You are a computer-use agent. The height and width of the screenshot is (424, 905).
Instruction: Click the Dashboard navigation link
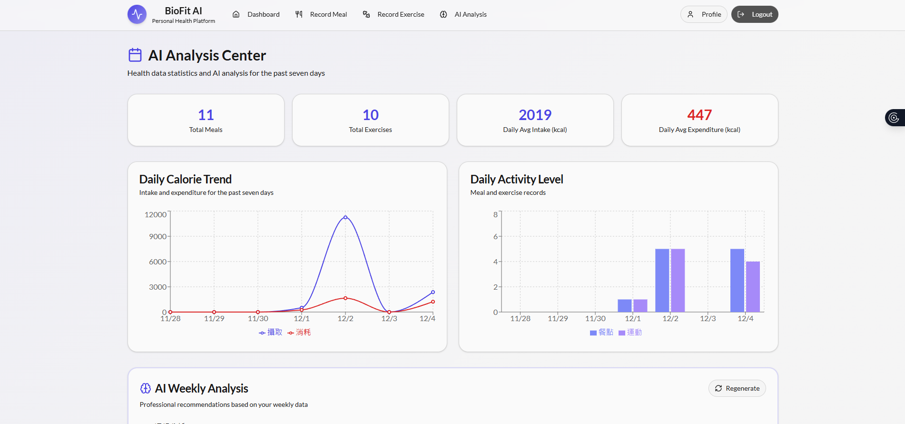256,14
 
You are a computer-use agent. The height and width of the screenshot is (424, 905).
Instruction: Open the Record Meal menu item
321,14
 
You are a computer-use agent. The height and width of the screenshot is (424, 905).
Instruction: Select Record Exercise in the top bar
393,14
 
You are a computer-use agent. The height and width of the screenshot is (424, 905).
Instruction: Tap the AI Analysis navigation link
463,14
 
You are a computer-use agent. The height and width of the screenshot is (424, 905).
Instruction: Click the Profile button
704,14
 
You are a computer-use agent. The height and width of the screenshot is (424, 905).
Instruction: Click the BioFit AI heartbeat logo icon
137,14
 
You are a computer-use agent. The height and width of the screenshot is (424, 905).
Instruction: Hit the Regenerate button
737,388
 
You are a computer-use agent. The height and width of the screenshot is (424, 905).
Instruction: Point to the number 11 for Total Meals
206,115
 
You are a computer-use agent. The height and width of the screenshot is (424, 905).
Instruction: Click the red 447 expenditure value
699,115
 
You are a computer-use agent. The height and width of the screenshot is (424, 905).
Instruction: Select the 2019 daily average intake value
535,115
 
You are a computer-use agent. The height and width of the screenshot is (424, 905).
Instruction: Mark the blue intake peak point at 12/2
345,217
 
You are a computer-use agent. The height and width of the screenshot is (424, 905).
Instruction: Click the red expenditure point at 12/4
433,302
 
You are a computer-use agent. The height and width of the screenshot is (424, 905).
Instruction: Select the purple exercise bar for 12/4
753,287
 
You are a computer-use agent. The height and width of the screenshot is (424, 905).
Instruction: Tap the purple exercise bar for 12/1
640,305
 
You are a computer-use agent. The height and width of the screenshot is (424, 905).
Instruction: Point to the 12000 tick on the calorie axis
156,215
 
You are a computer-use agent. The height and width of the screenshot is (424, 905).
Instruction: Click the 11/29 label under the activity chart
558,319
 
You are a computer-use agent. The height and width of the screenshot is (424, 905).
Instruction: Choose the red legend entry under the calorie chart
299,332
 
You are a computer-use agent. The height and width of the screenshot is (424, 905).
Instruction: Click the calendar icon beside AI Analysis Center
135,55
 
